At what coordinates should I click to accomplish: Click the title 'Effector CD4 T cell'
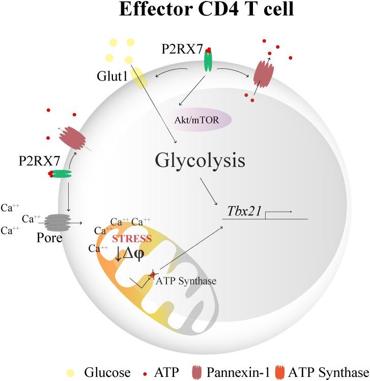[206, 11]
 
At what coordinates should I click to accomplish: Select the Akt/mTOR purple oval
[202, 120]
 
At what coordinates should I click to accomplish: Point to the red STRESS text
[132, 238]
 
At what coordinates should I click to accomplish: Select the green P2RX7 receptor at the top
[208, 61]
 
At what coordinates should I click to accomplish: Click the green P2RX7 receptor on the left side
[60, 174]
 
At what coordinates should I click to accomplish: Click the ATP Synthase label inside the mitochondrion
[179, 281]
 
